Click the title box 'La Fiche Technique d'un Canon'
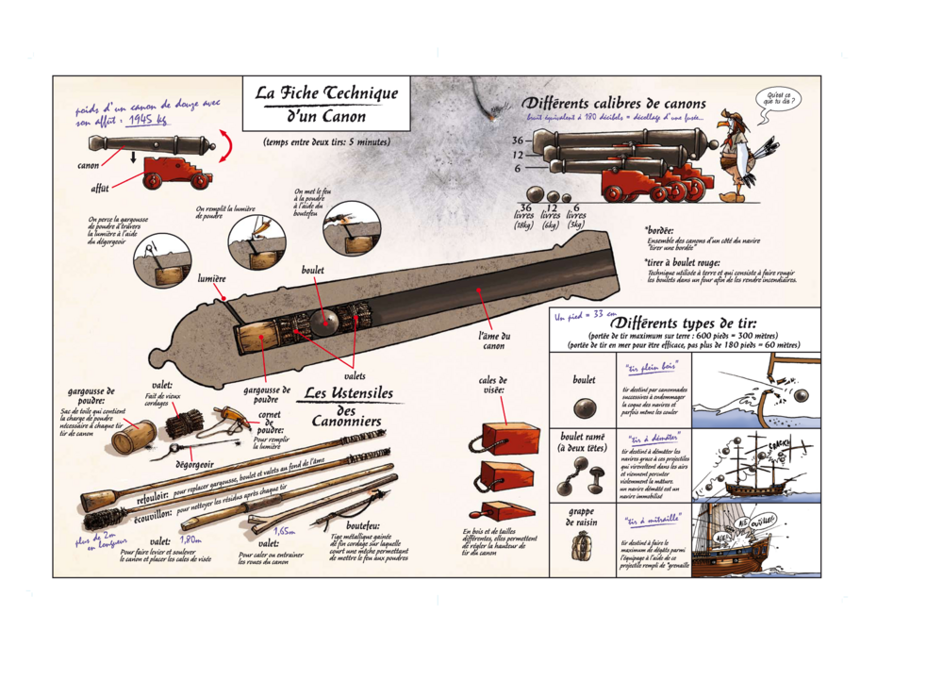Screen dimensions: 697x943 [326, 104]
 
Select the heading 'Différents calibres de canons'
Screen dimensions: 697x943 [614, 102]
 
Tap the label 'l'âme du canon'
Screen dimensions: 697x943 [492, 340]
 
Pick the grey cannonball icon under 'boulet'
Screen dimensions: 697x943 [584, 408]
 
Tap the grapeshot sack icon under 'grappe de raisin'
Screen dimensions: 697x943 [584, 545]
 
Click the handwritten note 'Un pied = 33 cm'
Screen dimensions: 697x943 [586, 317]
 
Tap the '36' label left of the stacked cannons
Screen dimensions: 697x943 [518, 141]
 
